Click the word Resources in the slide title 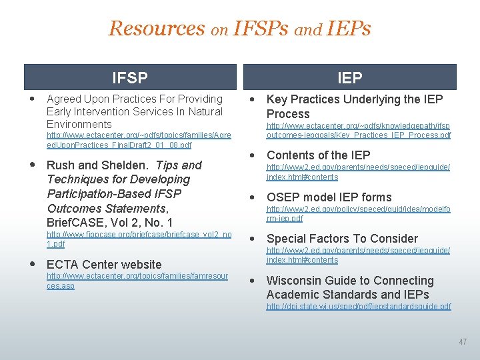coord(157,29)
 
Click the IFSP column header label coord(129,78)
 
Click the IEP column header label coord(349,78)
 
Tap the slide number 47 coord(463,342)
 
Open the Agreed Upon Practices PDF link coord(139,140)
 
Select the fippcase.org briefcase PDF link coord(139,239)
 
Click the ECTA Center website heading coord(104,265)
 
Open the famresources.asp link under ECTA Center coord(137,281)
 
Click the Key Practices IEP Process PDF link coord(358,130)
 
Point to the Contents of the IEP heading coord(318,155)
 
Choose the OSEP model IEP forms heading coord(329,197)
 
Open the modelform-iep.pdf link coord(358,213)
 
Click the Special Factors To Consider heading coord(342,239)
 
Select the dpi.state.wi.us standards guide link coord(358,307)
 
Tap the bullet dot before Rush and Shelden coord(33,164)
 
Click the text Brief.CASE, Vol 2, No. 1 coord(109,223)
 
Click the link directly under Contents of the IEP coord(358,172)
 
